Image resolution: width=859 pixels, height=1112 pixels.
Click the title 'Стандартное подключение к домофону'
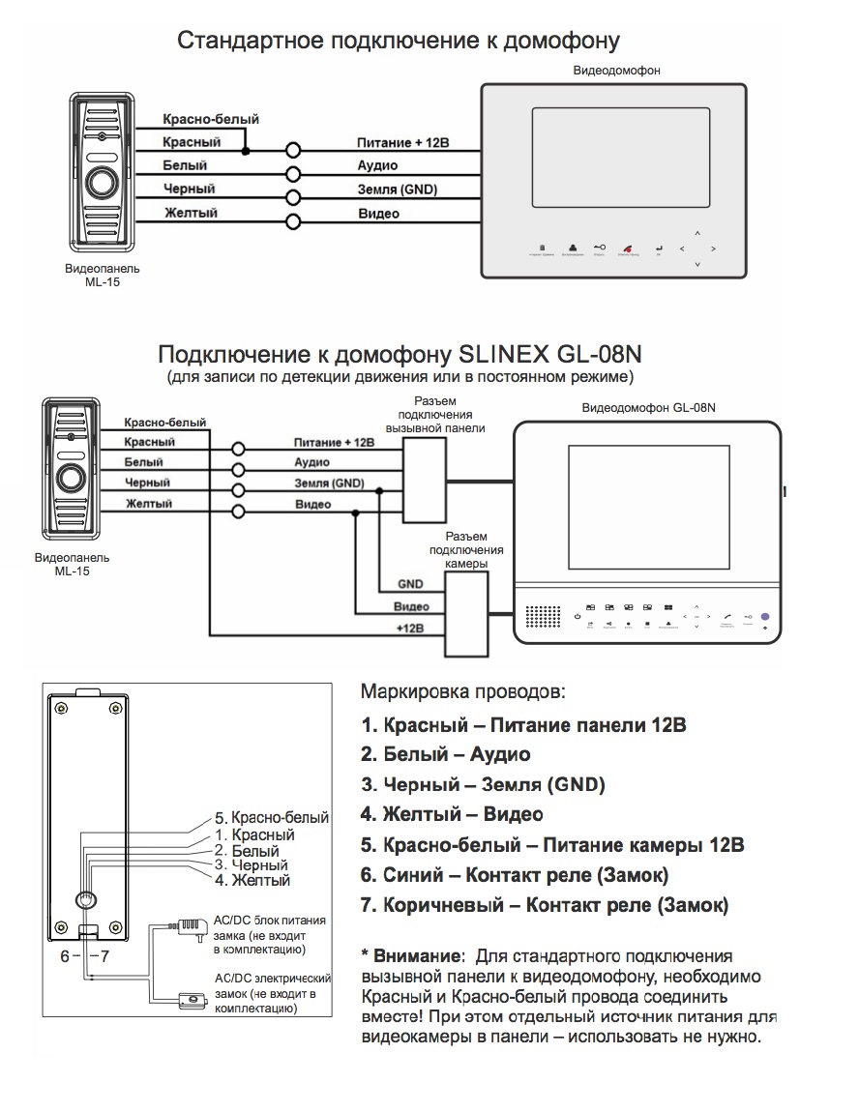[x=399, y=42]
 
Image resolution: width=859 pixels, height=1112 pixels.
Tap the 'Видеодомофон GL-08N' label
[x=648, y=408]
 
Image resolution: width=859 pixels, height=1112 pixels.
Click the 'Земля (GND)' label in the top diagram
[x=397, y=190]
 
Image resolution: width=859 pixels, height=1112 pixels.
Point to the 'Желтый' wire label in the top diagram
[x=190, y=213]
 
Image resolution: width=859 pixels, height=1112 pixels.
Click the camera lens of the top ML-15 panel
[x=101, y=183]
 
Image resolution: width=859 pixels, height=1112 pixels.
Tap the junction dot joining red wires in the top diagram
[x=246, y=151]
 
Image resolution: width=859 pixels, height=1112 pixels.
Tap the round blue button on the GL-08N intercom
[x=765, y=616]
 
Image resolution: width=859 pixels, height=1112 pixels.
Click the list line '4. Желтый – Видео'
[x=452, y=814]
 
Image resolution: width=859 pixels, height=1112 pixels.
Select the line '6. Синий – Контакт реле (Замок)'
[x=514, y=875]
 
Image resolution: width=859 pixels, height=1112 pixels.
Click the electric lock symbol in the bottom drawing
[x=190, y=998]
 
